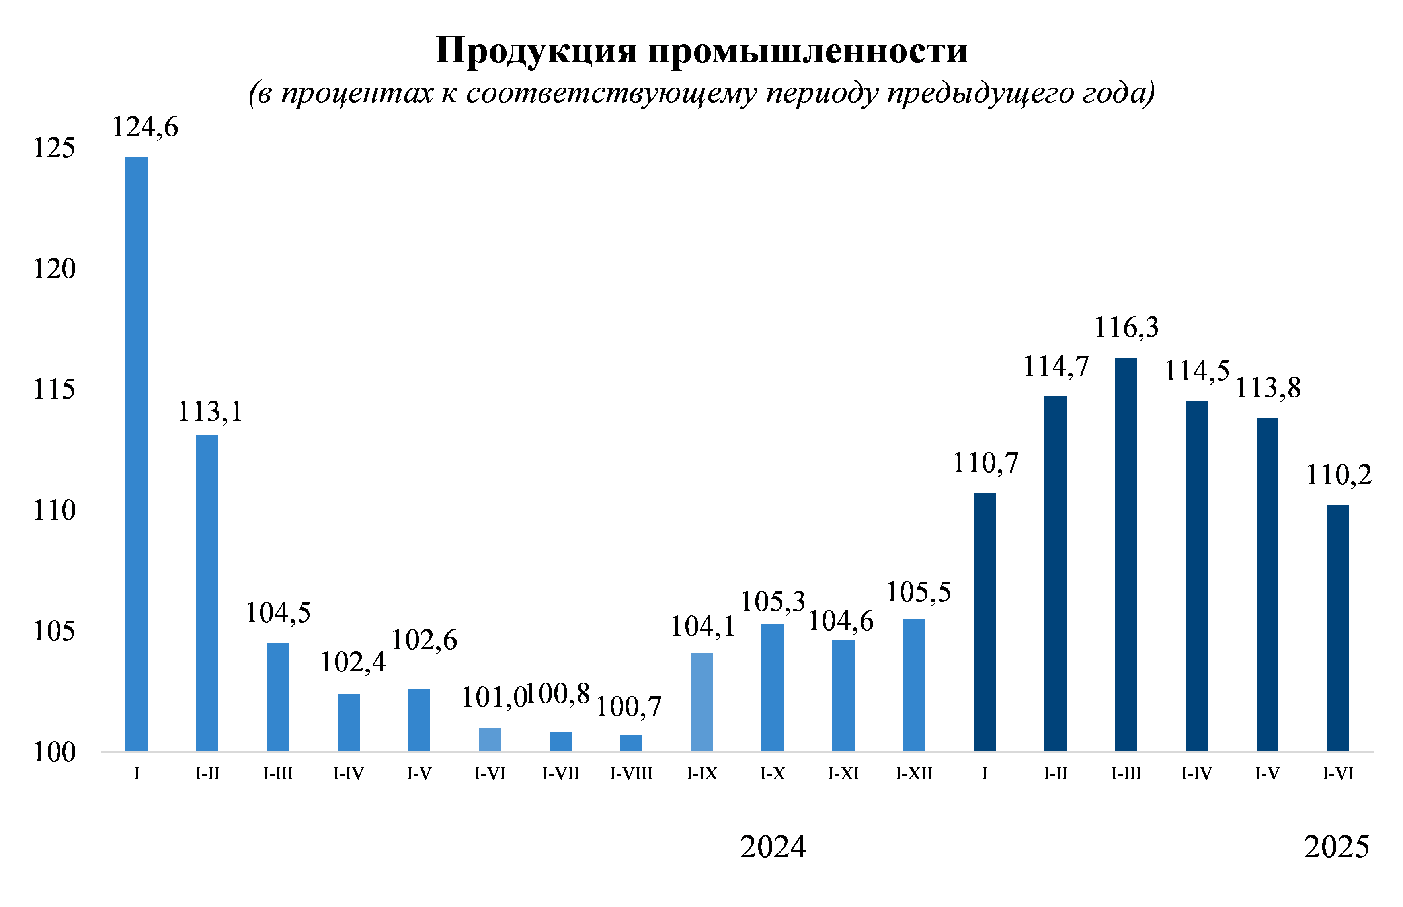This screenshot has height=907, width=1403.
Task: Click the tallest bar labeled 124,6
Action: [136, 453]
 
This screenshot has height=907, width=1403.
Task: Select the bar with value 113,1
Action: [207, 592]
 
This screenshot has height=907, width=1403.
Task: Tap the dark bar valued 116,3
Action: [1126, 554]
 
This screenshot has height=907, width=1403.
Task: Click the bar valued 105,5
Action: [913, 684]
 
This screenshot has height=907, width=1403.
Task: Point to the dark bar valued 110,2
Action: [1338, 627]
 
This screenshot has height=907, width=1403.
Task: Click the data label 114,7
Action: [1056, 366]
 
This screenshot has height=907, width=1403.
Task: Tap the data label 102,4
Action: [352, 662]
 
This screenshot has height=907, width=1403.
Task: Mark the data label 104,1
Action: [702, 627]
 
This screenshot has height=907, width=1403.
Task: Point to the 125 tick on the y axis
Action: [54, 148]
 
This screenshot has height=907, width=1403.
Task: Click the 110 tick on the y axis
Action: [54, 510]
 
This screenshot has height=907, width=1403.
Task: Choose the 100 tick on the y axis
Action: [54, 752]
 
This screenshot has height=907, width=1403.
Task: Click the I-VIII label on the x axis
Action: [631, 773]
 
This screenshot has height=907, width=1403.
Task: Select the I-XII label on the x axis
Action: [914, 773]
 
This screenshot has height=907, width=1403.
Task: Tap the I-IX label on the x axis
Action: [702, 773]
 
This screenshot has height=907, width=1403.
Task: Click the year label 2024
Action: [773, 847]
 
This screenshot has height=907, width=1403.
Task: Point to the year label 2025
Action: [1337, 847]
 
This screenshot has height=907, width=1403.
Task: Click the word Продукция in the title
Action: [536, 51]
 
